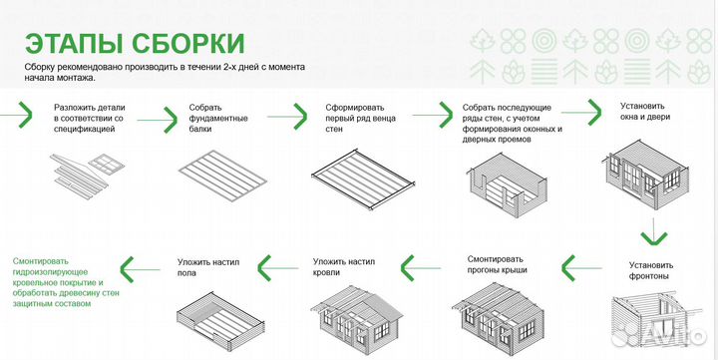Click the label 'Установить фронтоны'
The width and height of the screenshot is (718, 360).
coord(652,271)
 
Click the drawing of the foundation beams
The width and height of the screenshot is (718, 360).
coord(223,170)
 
